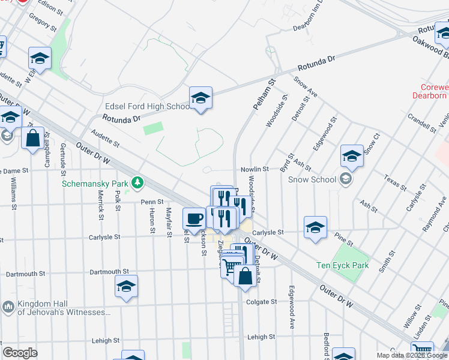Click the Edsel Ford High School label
click(x=147, y=107)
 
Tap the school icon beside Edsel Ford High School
click(x=200, y=98)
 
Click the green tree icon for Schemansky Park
click(x=138, y=182)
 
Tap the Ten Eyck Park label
click(x=342, y=265)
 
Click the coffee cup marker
click(x=194, y=218)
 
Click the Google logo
click(x=20, y=352)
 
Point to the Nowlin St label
click(x=255, y=170)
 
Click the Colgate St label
click(x=261, y=302)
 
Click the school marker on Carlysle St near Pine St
click(x=315, y=227)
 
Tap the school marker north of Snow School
click(x=352, y=156)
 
